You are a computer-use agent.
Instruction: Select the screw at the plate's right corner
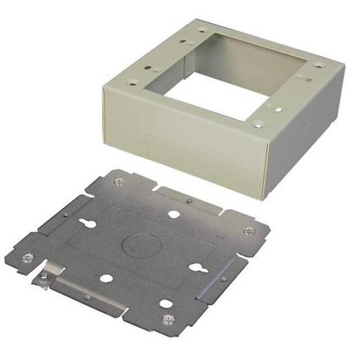coord(247,231)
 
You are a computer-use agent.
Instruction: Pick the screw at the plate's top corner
coord(120,181)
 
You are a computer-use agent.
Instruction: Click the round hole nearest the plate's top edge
coord(173,214)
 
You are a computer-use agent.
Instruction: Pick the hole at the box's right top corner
coord(319,64)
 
